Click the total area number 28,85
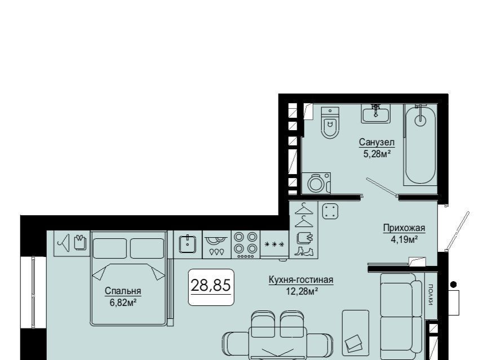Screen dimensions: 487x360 (x=211, y=285)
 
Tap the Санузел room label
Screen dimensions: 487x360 (x=377, y=143)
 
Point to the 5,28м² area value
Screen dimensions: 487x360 (x=377, y=153)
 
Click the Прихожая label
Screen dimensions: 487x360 (x=404, y=228)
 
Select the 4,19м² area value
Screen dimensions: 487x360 (x=404, y=239)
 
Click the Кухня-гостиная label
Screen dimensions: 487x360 (x=300, y=280)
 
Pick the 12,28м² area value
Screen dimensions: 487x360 (x=302, y=291)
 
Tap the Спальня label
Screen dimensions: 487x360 (x=123, y=291)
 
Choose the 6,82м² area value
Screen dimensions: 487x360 (x=123, y=303)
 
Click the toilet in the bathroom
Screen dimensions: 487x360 (x=330, y=123)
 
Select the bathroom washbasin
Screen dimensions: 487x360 (x=375, y=113)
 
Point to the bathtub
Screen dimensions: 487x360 (x=420, y=145)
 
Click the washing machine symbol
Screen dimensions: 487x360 (x=316, y=183)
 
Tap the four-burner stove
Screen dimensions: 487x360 (x=245, y=245)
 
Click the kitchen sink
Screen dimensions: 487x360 (x=188, y=245)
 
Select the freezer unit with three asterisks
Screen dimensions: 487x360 (x=275, y=245)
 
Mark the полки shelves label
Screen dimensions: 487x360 (x=431, y=295)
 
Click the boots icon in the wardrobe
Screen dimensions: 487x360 (x=304, y=251)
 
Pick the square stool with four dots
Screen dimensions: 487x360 (x=330, y=211)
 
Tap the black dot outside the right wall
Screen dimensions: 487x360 (x=453, y=284)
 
